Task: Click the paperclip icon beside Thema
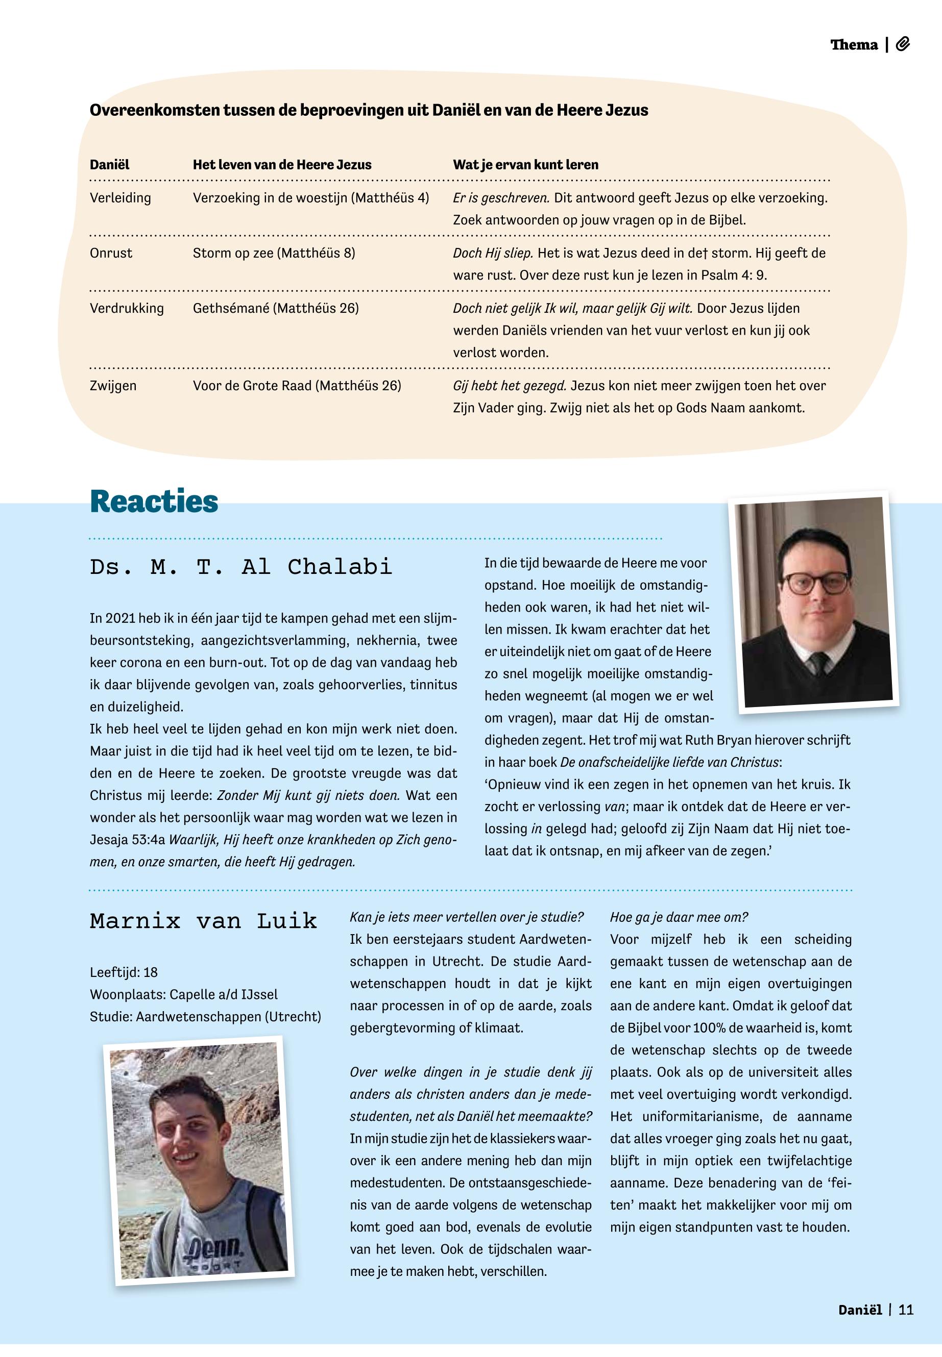[x=903, y=44]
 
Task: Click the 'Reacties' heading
[x=154, y=502]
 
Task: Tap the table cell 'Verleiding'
[x=120, y=198]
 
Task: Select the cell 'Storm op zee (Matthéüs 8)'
[x=274, y=254]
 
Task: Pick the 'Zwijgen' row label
[x=113, y=386]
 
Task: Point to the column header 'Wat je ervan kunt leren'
[x=525, y=165]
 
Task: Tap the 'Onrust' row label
[x=111, y=254]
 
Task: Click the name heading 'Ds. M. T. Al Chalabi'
[x=241, y=567]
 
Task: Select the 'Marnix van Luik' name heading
[x=203, y=921]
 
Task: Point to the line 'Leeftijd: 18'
[x=124, y=972]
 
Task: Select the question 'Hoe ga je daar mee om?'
[x=679, y=918]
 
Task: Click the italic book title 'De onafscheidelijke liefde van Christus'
[x=669, y=763]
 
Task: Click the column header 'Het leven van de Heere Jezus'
[x=282, y=165]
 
